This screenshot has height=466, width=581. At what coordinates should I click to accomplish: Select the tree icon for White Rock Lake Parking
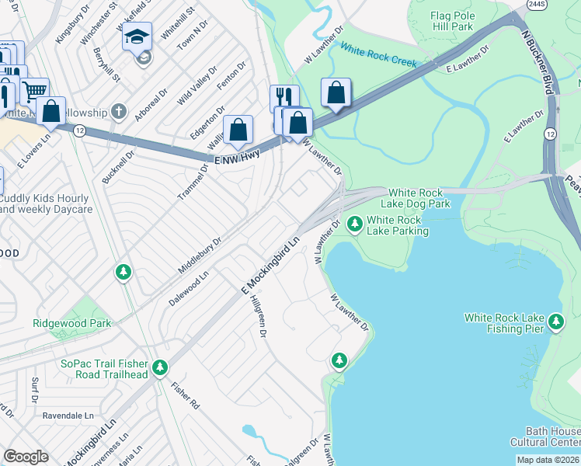pos(355,224)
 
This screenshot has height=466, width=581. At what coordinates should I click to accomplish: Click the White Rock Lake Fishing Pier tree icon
pos(555,322)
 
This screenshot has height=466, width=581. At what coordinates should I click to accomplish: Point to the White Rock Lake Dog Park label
pos(419,198)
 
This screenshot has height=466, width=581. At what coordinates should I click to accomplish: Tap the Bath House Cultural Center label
pos(544,436)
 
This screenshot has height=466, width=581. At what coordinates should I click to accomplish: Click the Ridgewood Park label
pos(71,323)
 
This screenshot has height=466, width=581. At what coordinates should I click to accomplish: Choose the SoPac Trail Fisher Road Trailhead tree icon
pos(160,367)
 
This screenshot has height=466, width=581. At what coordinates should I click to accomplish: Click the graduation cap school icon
pos(137,37)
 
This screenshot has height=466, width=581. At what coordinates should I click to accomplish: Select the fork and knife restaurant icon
pos(284,96)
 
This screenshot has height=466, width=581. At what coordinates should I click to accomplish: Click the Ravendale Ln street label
pos(68,416)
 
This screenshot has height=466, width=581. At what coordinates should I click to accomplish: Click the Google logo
pos(26,457)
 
